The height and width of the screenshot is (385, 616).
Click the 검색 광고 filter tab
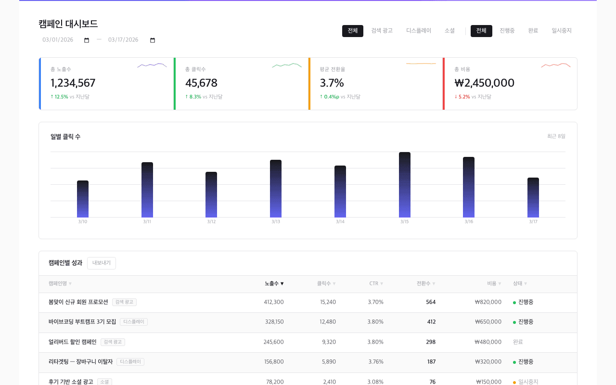click(382, 31)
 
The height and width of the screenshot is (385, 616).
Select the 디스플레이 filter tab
click(419, 31)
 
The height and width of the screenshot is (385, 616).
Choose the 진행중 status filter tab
click(507, 31)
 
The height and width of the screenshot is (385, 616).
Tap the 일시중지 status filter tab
click(562, 31)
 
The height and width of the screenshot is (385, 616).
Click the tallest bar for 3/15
click(405, 185)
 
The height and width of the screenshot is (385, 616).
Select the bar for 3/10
click(83, 199)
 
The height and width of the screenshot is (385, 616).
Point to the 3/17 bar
click(533, 198)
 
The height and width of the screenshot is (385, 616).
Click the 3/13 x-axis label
click(276, 222)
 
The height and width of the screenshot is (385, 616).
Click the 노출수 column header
click(274, 284)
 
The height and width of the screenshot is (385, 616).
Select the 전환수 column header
click(425, 284)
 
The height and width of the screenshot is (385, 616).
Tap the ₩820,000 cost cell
click(488, 302)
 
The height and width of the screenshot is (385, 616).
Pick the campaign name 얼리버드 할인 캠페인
click(73, 342)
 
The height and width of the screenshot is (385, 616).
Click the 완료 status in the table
click(518, 342)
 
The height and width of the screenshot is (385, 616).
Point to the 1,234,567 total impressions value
click(73, 83)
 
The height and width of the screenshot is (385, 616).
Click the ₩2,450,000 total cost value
click(484, 83)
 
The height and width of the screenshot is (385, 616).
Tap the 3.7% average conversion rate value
click(332, 83)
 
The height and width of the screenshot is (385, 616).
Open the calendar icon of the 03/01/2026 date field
click(87, 40)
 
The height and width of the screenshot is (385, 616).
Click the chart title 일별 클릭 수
click(65, 137)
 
